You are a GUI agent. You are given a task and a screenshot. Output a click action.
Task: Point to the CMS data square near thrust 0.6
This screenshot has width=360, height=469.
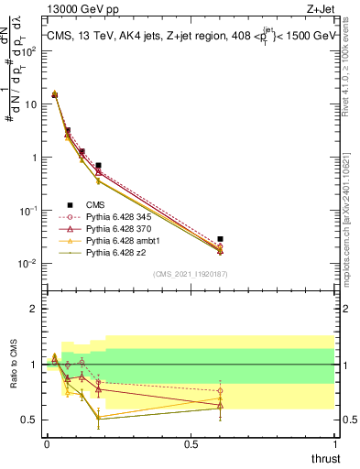tap(220, 238)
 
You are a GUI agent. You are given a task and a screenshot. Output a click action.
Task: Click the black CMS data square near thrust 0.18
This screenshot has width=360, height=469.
tap(98, 166)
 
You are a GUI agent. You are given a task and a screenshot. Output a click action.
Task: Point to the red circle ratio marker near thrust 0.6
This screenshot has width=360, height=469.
tap(220, 391)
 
